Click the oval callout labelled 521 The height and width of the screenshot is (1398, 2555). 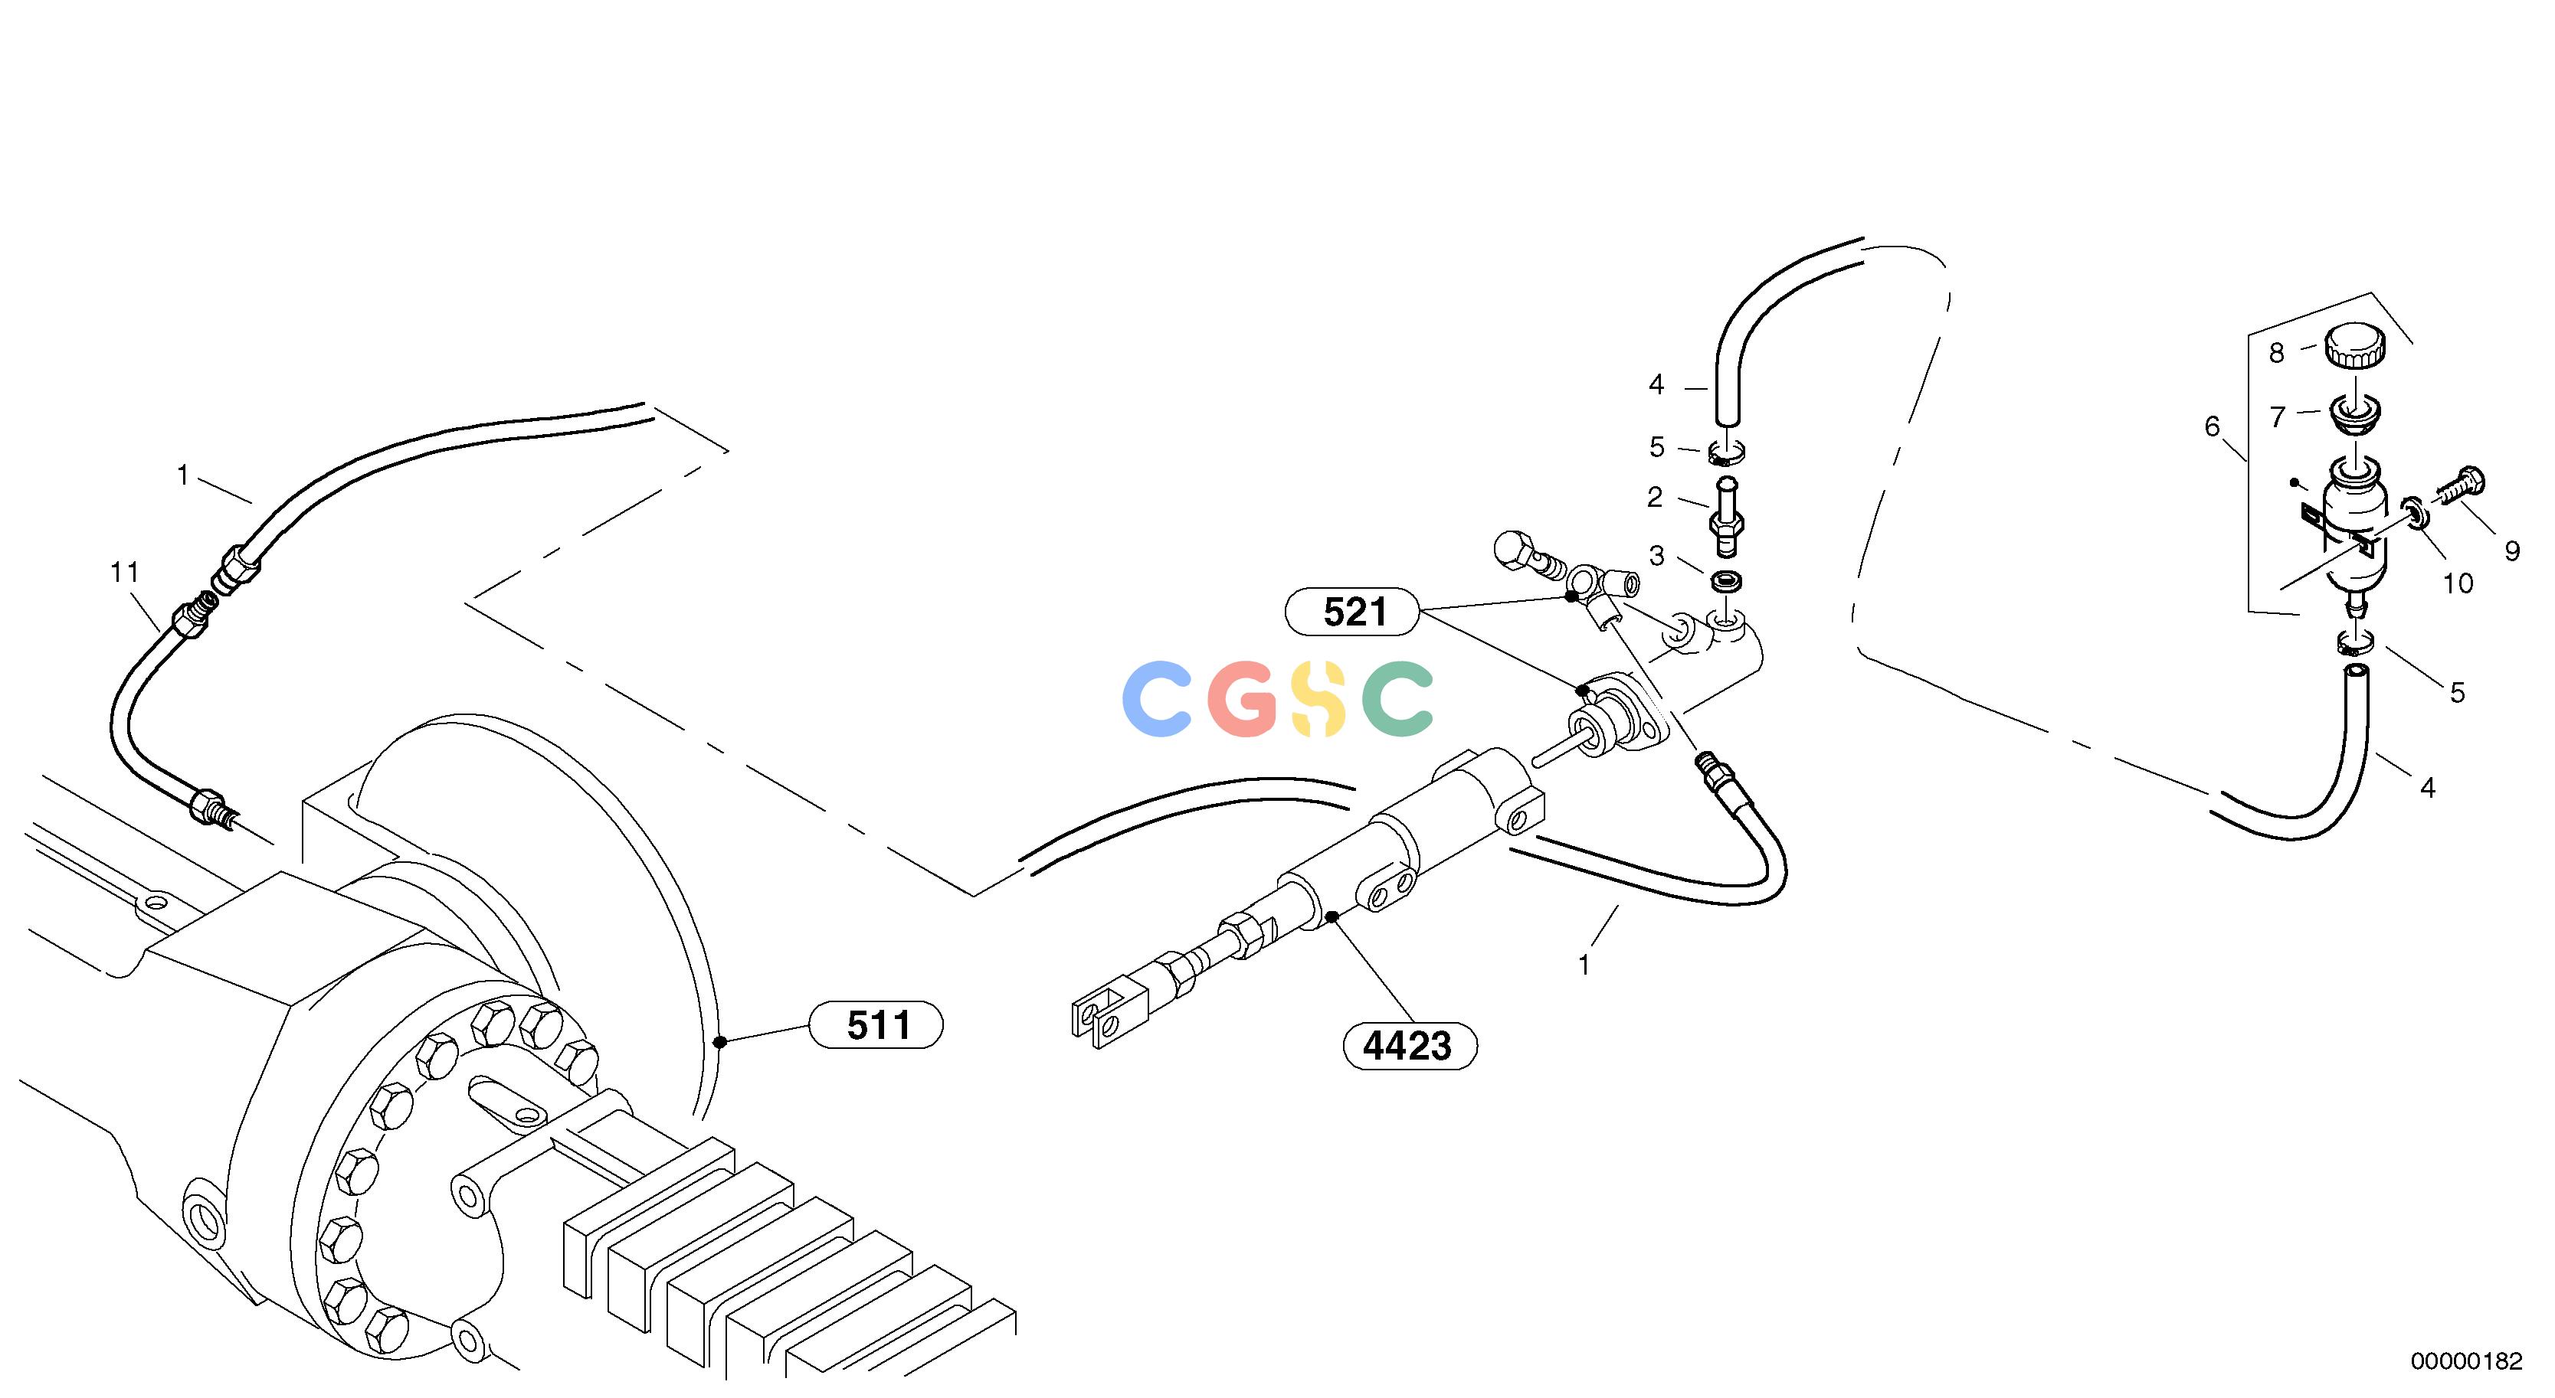click(1354, 612)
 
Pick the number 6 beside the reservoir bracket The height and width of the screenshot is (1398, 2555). click(2212, 427)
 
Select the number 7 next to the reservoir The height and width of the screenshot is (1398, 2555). click(2277, 417)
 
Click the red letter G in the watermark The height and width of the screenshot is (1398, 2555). click(1243, 700)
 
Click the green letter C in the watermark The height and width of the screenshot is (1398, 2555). click(1397, 699)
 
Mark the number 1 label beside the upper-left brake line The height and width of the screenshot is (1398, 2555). click(182, 476)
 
